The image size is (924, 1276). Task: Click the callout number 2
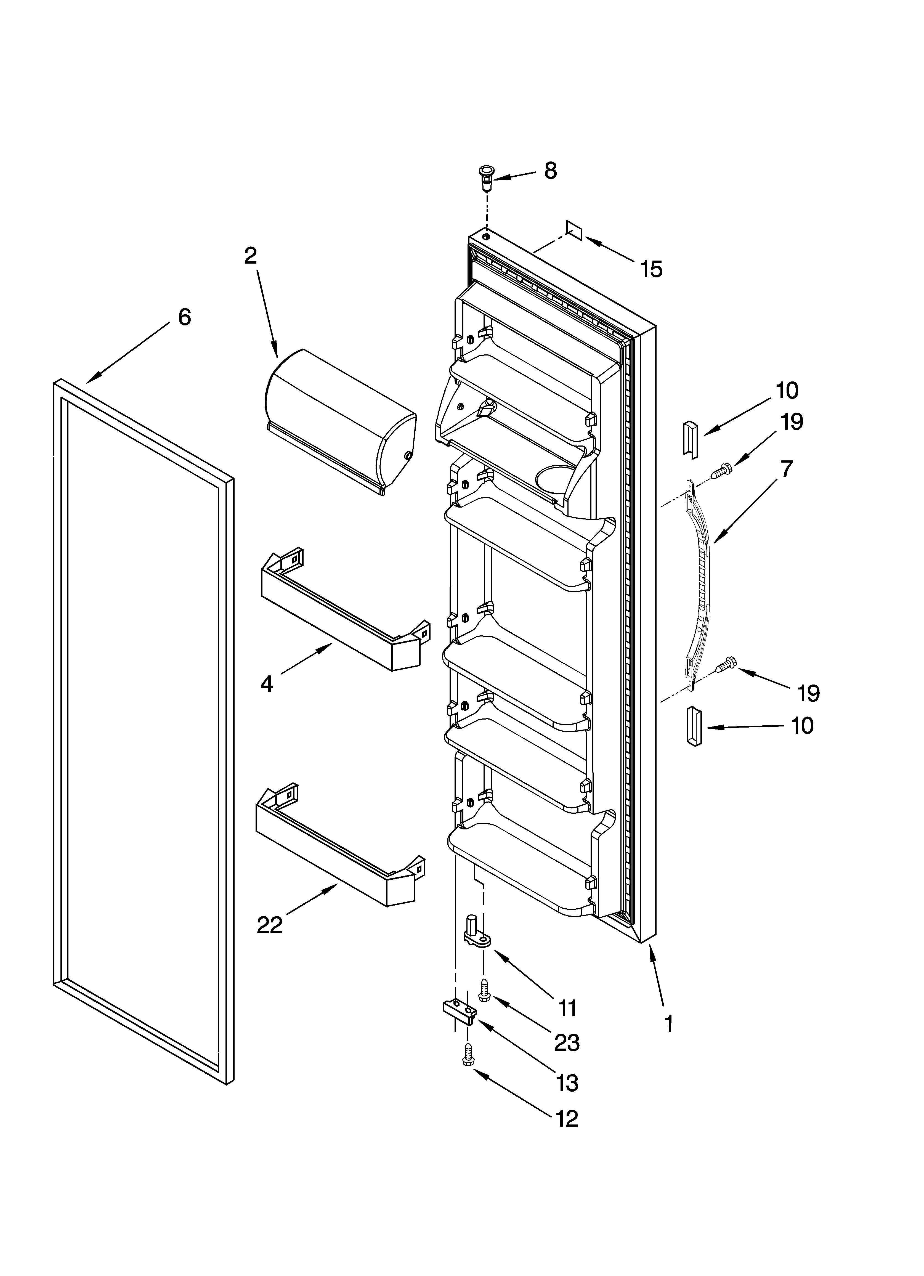(250, 256)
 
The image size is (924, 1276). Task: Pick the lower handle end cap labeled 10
(694, 728)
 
